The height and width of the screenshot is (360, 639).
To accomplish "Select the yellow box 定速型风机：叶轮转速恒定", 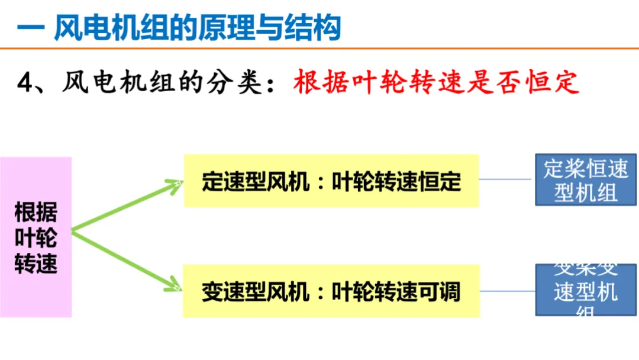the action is click(x=331, y=181).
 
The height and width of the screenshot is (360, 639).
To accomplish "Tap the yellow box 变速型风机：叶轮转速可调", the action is click(x=331, y=291).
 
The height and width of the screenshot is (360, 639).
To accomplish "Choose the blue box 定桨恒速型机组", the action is click(x=586, y=180).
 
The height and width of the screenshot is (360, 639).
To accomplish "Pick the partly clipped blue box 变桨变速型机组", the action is click(x=586, y=290).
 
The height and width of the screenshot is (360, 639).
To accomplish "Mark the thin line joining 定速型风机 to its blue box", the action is click(x=506, y=179).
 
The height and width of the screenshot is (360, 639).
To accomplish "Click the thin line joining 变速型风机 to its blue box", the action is click(x=506, y=291).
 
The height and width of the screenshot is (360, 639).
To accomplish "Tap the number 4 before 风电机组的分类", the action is click(x=24, y=83).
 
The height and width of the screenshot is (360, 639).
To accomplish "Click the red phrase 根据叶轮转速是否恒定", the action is click(x=436, y=83).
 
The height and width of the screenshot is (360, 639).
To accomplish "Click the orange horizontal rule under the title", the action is click(x=319, y=48).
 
